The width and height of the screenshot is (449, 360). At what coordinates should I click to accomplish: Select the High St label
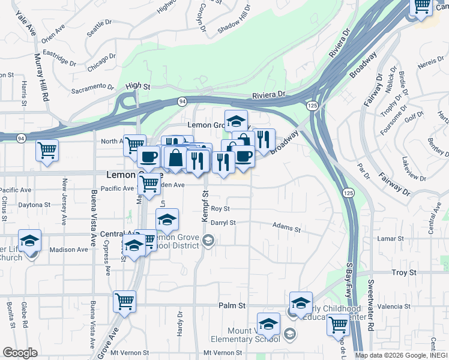[137, 86]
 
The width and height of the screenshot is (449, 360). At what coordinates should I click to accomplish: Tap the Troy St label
[403, 272]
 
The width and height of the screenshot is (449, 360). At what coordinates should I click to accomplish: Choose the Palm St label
[232, 305]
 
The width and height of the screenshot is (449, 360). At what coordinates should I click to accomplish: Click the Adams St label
[286, 229]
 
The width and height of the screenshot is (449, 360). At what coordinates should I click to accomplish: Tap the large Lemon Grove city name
[125, 175]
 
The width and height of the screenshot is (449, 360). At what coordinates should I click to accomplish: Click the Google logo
[20, 352]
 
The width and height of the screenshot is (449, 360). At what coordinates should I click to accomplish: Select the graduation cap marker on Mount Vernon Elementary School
[268, 324]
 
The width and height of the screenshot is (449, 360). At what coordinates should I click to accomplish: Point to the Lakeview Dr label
[414, 170]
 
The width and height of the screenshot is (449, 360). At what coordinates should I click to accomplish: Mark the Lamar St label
[391, 239]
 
